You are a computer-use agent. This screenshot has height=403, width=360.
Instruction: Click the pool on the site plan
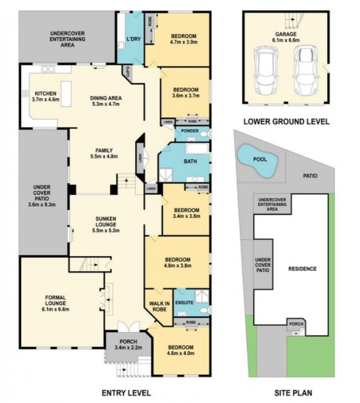tap(257, 161)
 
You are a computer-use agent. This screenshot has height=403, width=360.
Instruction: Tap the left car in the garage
tap(266, 70)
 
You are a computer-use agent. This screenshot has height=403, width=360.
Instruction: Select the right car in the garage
tap(306, 70)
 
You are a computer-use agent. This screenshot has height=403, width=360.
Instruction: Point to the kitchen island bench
tap(66, 94)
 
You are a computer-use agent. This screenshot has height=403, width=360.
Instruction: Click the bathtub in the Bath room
tap(197, 149)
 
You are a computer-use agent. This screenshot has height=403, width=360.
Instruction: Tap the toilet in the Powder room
tap(205, 134)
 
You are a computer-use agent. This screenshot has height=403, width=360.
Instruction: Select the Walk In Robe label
tap(159, 306)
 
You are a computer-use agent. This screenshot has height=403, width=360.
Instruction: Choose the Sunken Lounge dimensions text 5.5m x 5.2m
tap(106, 230)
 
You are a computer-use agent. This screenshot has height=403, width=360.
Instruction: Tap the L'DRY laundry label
tap(134, 39)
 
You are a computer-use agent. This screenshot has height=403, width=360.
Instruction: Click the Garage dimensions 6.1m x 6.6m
tap(286, 40)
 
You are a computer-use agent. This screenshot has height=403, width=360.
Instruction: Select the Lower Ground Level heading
tap(286, 122)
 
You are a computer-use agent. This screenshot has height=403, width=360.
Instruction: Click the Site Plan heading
tap(293, 393)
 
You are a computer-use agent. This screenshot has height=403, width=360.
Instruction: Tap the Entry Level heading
tap(126, 393)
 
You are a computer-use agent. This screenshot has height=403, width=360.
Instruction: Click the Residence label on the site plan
tap(302, 269)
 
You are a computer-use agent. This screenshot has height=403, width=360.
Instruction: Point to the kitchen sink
tap(48, 69)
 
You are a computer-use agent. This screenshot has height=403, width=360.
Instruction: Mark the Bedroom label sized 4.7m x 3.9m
tap(184, 39)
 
